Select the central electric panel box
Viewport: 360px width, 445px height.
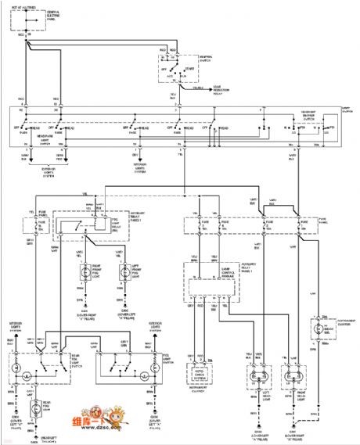tap(28, 19)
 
